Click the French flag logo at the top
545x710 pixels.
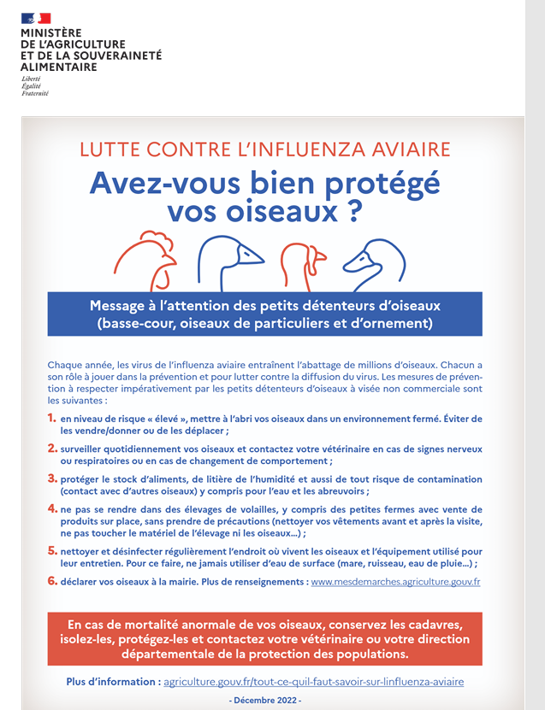[36, 18]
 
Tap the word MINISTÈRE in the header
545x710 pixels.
[50, 33]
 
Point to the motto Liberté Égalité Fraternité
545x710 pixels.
[35, 86]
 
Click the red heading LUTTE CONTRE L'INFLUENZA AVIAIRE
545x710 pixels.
[265, 150]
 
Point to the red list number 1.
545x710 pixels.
[52, 418]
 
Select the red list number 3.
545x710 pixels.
[52, 478]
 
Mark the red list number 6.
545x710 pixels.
[52, 581]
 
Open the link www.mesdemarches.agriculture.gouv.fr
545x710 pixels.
[395, 582]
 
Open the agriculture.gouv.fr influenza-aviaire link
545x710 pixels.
[313, 682]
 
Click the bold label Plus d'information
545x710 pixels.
[113, 682]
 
